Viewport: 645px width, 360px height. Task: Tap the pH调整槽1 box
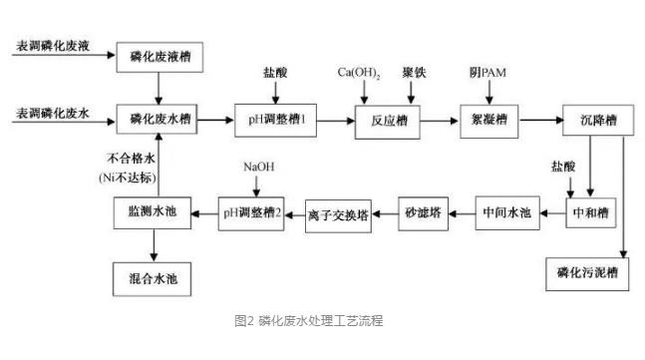(x=276, y=119)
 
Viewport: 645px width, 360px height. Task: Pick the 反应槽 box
(x=384, y=119)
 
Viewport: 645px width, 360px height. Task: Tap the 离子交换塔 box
(x=339, y=213)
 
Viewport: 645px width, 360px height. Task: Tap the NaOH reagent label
(x=258, y=166)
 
